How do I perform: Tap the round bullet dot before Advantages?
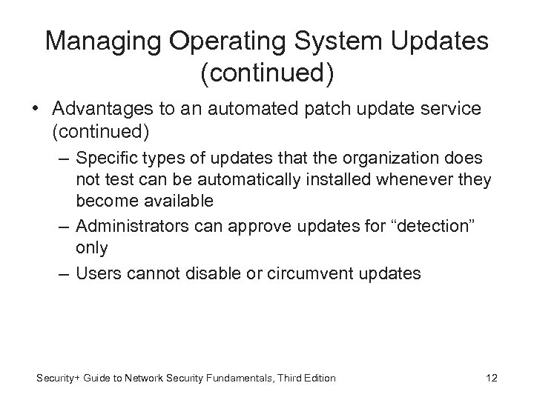35,110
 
